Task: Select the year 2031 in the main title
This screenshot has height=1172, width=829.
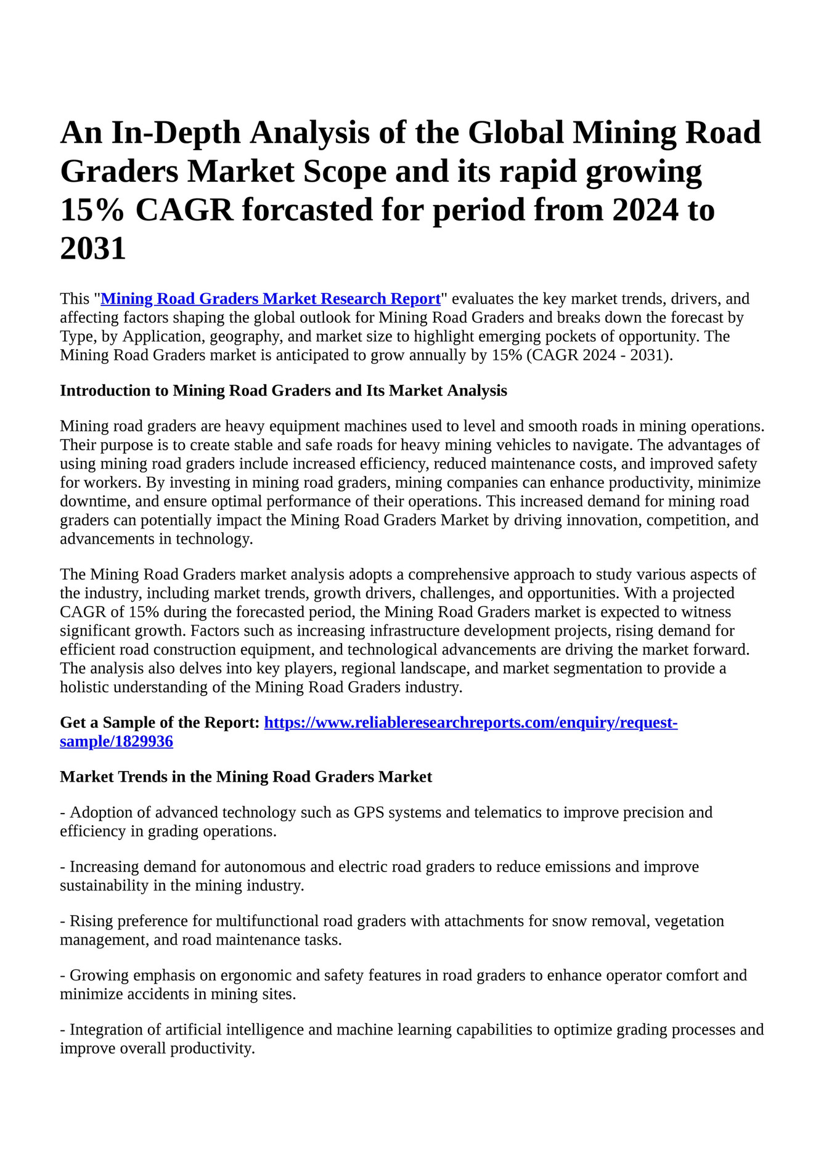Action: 93,248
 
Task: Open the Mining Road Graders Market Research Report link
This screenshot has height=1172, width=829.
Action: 271,299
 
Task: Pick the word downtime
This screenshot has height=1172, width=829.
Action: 93,501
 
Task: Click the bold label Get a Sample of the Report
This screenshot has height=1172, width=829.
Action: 160,722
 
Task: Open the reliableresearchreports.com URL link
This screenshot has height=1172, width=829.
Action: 471,722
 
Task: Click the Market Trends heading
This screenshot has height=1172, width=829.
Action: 246,777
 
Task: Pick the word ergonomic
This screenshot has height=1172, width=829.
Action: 255,975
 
